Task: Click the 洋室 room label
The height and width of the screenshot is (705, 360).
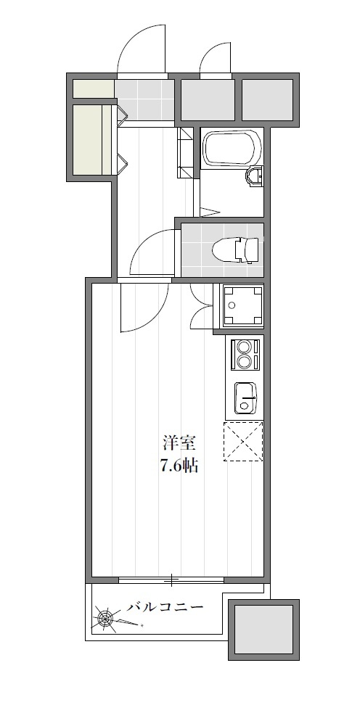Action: pos(179,444)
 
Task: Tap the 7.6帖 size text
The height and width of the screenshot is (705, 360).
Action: pos(179,466)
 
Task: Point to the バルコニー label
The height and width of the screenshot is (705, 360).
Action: pos(165,607)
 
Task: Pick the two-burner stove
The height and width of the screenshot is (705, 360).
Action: pos(246,355)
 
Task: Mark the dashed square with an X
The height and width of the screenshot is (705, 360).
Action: pos(243,441)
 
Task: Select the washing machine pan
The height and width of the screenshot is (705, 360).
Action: pos(243,306)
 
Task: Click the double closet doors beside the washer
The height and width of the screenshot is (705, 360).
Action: pos(201,306)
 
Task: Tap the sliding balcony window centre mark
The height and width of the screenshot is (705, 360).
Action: pos(171,580)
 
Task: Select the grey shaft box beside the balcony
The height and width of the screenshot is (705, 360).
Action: pos(263,630)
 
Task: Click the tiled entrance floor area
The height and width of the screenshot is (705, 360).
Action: pos(144,100)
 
